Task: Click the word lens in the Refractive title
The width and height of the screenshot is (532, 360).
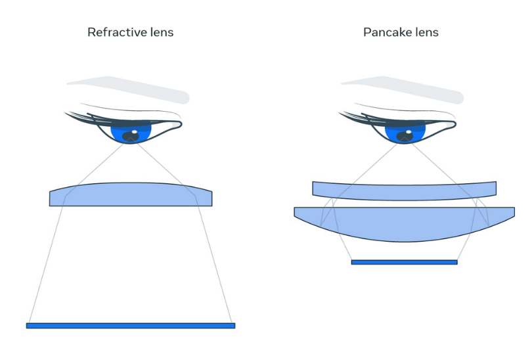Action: [x=162, y=32]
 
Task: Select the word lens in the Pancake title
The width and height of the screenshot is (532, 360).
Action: [x=426, y=32]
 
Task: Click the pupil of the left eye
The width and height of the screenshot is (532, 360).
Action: [x=131, y=137]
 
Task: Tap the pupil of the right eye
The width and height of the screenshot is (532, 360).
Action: [x=405, y=137]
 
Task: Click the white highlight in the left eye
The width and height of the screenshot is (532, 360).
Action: [x=135, y=131]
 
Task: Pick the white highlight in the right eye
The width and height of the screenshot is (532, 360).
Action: [x=409, y=131]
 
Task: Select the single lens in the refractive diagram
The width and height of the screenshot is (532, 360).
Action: [x=131, y=195]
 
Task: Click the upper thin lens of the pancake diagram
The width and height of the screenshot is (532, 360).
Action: [x=405, y=191]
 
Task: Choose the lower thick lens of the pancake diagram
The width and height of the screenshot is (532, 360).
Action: [x=405, y=222]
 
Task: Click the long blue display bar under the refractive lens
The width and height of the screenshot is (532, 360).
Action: [x=131, y=326]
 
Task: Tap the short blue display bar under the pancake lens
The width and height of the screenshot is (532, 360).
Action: [x=405, y=262]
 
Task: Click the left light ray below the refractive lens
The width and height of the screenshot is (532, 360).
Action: [x=47, y=265]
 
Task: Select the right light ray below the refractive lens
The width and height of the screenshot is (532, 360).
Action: [x=215, y=265]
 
